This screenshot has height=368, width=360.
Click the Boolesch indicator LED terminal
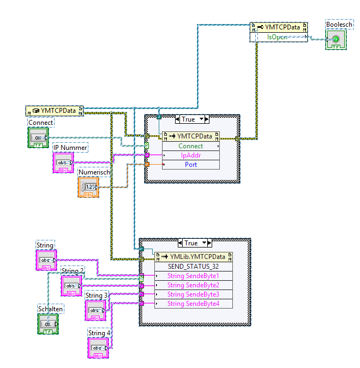pyautogui.click(x=335, y=39)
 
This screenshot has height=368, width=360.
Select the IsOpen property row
pyautogui.click(x=279, y=37)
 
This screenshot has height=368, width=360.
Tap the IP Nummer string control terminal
pyautogui.click(x=63, y=162)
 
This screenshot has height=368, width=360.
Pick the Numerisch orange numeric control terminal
pyautogui.click(x=88, y=186)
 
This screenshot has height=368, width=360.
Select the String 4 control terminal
pyautogui.click(x=98, y=348)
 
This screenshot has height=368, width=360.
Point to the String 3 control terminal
pyautogui.click(x=95, y=310)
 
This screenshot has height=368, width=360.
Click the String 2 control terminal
pyautogui.click(x=71, y=285)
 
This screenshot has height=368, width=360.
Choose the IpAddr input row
pyautogui.click(x=191, y=155)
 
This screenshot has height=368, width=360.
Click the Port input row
pyautogui.click(x=191, y=164)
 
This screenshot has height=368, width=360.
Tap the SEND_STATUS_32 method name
pyautogui.click(x=194, y=267)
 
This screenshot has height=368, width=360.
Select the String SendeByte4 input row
pyautogui.click(x=193, y=304)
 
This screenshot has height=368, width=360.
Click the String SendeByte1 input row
pyautogui.click(x=193, y=276)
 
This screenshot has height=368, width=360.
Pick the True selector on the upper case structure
pyautogui.click(x=188, y=119)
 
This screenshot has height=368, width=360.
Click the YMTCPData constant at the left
pyautogui.click(x=55, y=111)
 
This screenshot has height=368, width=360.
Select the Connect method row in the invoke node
pyautogui.click(x=191, y=146)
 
